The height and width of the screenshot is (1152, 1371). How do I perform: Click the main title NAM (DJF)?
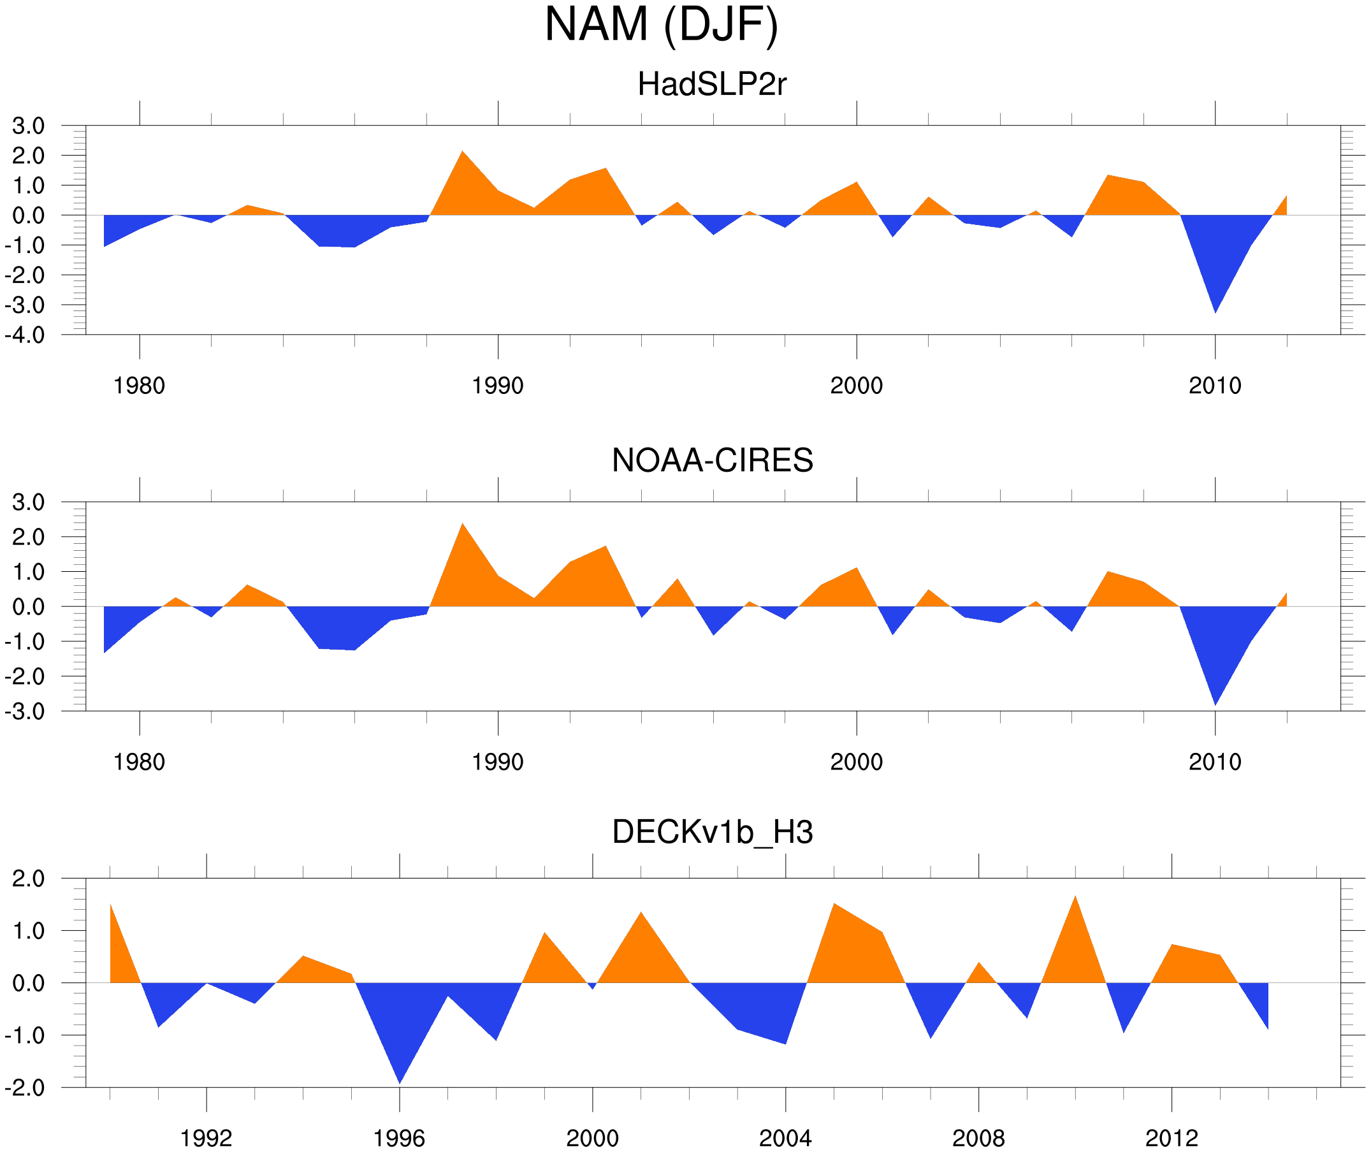click(x=661, y=25)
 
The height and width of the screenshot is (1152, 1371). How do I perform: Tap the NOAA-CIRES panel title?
click(x=711, y=460)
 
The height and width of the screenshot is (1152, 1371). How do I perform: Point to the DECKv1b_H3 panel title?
click(x=711, y=833)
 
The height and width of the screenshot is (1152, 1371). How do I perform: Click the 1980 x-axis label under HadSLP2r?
click(x=139, y=386)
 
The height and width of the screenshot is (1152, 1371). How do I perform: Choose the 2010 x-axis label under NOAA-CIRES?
click(x=1214, y=762)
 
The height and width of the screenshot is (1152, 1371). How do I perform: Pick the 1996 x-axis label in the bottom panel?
click(x=399, y=1138)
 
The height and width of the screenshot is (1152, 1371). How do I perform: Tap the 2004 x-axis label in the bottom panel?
click(x=785, y=1138)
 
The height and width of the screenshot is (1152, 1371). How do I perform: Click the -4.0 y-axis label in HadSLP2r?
click(x=25, y=335)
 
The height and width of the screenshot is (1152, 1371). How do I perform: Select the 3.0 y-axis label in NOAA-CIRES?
click(x=28, y=502)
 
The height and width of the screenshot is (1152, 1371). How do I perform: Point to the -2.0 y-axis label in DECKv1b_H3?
click(x=25, y=1088)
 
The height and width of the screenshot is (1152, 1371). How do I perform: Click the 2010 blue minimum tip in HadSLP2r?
click(x=1215, y=311)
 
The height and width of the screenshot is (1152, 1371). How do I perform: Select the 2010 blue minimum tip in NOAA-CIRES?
click(x=1215, y=703)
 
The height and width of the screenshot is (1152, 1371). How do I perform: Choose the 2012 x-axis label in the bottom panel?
click(x=1172, y=1138)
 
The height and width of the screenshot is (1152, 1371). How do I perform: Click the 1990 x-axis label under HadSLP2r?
click(x=498, y=386)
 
